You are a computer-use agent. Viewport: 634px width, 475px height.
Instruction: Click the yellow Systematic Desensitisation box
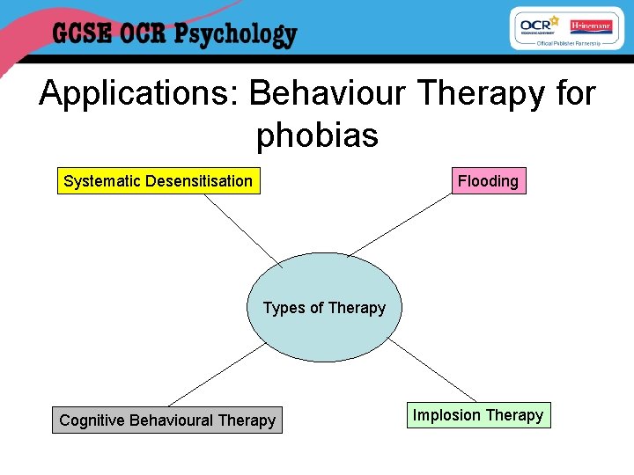pyautogui.click(x=158, y=181)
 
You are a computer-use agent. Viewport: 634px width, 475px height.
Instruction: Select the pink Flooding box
pyautogui.click(x=488, y=181)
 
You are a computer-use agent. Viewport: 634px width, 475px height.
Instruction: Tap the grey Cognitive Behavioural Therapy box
pyautogui.click(x=167, y=420)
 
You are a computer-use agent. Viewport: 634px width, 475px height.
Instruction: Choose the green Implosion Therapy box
pyautogui.click(x=478, y=415)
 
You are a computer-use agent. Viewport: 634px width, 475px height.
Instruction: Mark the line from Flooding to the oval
pyautogui.click(x=401, y=224)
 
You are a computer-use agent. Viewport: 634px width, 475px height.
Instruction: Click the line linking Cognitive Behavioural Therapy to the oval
pyautogui.click(x=216, y=375)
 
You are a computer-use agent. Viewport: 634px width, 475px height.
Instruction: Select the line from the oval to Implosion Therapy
pyautogui.click(x=432, y=370)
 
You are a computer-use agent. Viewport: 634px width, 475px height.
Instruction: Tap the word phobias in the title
pyautogui.click(x=317, y=135)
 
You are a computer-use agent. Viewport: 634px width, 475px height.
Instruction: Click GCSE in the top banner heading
pyautogui.click(x=81, y=35)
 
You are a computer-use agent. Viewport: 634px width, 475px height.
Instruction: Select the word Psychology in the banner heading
pyautogui.click(x=235, y=36)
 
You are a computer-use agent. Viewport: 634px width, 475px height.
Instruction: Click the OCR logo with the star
pyautogui.click(x=539, y=26)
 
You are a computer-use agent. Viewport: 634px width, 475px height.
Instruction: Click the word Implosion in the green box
pyautogui.click(x=446, y=415)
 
